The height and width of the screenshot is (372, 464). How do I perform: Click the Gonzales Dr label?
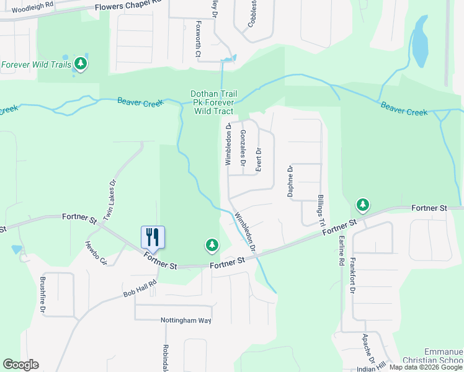pos(243,149)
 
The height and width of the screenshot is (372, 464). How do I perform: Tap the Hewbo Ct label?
pos(96,252)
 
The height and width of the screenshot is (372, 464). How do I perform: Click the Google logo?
pos(20,365)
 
